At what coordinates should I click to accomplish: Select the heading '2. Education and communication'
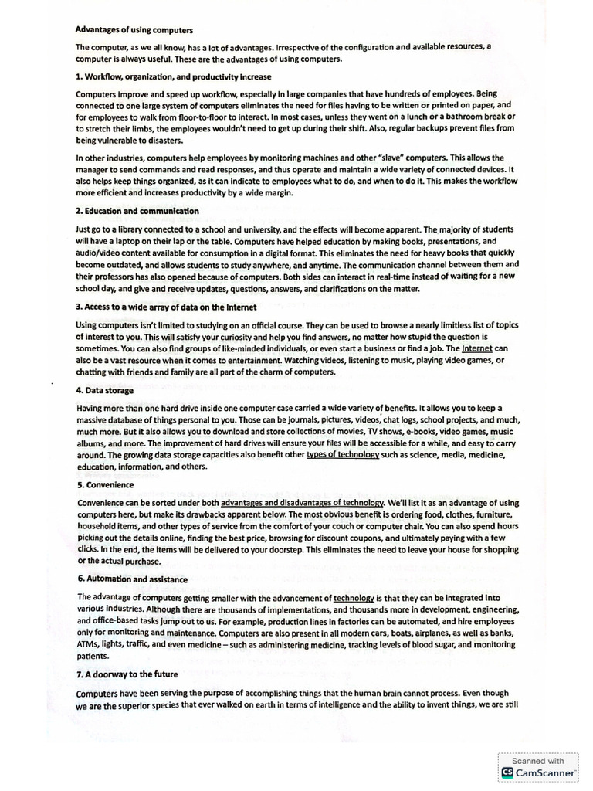coord(137,211)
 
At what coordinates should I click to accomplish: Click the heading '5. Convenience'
coord(106,485)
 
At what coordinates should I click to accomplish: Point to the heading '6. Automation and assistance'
coord(132,579)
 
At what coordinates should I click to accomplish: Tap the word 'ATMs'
coord(87,642)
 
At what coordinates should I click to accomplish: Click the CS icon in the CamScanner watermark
coord(507,772)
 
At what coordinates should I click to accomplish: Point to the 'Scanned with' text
coord(544,760)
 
